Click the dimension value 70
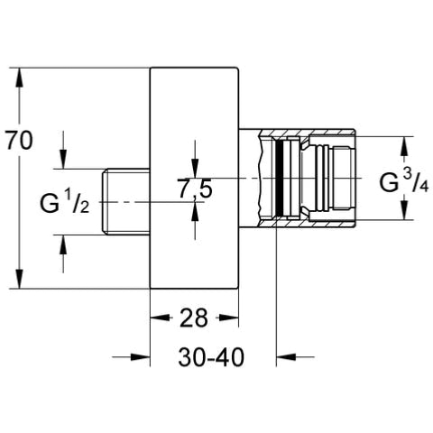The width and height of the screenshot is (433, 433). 19,141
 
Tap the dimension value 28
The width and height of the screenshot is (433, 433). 194,318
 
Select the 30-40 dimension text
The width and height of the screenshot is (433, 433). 211,357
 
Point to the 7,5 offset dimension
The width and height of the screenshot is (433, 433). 196,189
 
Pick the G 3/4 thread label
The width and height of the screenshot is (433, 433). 404,181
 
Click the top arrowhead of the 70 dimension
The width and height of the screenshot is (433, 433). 19,78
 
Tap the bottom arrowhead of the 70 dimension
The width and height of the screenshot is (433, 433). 19,279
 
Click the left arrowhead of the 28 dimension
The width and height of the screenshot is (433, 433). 160,318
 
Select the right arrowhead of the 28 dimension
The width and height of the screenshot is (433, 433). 228,318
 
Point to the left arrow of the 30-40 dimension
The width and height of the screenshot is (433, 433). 131,357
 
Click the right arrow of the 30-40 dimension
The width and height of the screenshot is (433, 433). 295,357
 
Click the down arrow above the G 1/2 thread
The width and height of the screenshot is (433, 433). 63,150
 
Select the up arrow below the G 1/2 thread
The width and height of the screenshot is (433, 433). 63,253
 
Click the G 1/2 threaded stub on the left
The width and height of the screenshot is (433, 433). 126,202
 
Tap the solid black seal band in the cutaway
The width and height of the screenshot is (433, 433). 280,179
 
